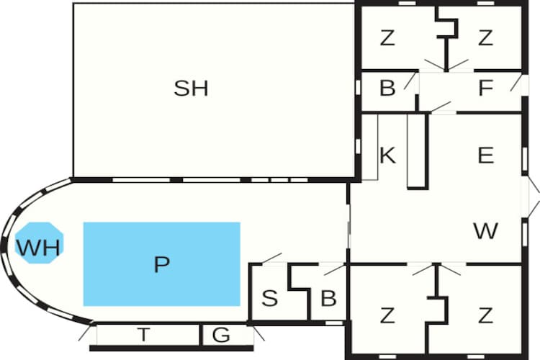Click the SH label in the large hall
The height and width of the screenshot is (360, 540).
click(191, 88)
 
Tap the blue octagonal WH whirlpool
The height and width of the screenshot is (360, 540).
click(40, 243)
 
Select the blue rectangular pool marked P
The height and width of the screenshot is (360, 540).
click(161, 264)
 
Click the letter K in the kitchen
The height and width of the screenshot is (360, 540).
click(387, 155)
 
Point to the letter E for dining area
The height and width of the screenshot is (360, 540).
click(486, 155)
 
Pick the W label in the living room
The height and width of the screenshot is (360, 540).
click(485, 231)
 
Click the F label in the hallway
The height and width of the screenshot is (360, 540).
click(485, 88)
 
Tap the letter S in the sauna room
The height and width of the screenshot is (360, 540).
click(269, 298)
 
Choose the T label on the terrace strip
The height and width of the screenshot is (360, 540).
click(143, 334)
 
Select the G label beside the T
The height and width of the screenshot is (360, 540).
click(221, 335)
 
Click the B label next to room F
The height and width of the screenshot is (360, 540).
click(387, 88)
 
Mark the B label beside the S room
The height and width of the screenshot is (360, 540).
click(328, 298)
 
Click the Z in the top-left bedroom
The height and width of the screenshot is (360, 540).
click(387, 38)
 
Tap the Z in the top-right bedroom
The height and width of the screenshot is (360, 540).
click(485, 38)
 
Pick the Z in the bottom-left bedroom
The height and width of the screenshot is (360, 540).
click(387, 315)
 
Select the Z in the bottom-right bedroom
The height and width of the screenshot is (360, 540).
click(485, 315)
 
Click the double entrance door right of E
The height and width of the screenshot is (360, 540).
click(531, 197)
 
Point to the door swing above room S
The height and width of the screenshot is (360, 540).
click(272, 258)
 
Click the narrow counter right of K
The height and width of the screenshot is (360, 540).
click(418, 151)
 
